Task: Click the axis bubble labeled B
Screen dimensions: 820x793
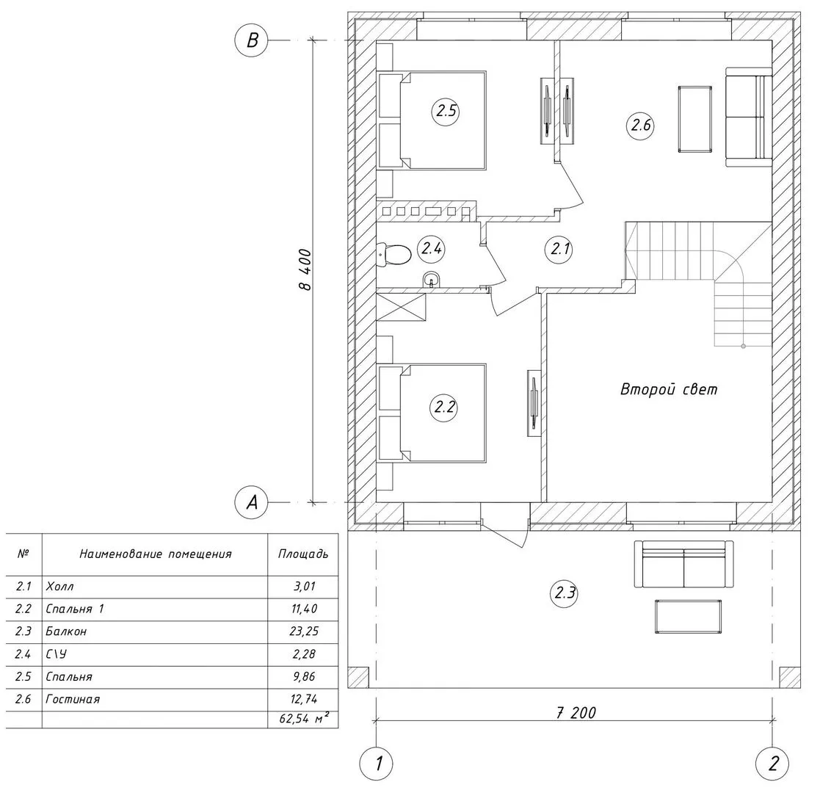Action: pyautogui.click(x=252, y=40)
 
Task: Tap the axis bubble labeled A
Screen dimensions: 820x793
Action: pyautogui.click(x=252, y=503)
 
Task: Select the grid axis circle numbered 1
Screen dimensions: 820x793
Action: pyautogui.click(x=376, y=764)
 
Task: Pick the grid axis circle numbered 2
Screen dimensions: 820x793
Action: pyautogui.click(x=772, y=764)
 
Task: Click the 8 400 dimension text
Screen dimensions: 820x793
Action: pyautogui.click(x=305, y=269)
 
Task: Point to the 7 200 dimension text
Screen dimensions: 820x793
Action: pyautogui.click(x=576, y=712)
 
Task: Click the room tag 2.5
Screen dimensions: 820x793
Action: pyautogui.click(x=446, y=111)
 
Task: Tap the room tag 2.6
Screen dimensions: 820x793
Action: pyautogui.click(x=641, y=126)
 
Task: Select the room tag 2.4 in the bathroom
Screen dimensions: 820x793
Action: pyautogui.click(x=432, y=248)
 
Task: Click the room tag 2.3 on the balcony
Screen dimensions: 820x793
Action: pyautogui.click(x=565, y=593)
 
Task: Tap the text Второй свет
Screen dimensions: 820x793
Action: pyautogui.click(x=668, y=389)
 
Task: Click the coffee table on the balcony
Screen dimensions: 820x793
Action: pyautogui.click(x=688, y=616)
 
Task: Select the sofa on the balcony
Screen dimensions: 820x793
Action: pyautogui.click(x=683, y=565)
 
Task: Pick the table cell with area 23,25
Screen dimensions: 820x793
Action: pyautogui.click(x=303, y=631)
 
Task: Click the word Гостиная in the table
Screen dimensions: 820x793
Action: pyautogui.click(x=73, y=699)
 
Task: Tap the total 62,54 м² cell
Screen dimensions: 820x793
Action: pyautogui.click(x=303, y=719)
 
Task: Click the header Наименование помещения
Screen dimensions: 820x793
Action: pyautogui.click(x=156, y=554)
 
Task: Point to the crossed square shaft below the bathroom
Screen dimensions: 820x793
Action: pyautogui.click(x=401, y=307)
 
